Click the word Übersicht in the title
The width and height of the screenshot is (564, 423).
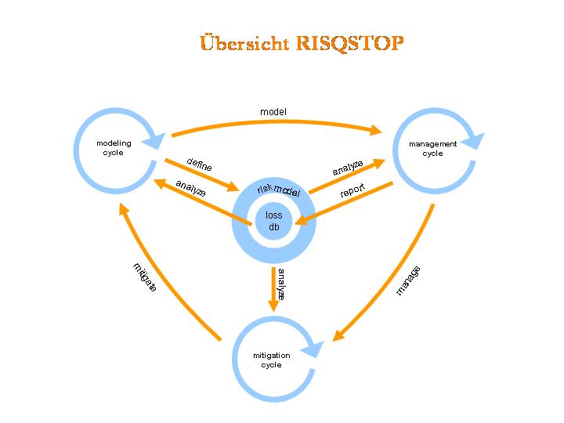pyautogui.click(x=244, y=42)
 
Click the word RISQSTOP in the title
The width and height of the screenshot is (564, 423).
pyautogui.click(x=350, y=42)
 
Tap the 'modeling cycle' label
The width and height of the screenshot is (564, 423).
pyautogui.click(x=114, y=148)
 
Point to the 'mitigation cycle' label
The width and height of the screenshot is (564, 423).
pyautogui.click(x=271, y=360)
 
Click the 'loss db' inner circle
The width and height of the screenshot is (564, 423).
pyautogui.click(x=274, y=221)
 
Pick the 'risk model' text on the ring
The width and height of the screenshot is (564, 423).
pyautogui.click(x=278, y=190)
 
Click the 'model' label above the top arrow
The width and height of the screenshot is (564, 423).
pyautogui.click(x=273, y=112)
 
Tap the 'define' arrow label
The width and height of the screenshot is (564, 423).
pyautogui.click(x=199, y=164)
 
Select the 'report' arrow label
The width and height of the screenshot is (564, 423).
pyautogui.click(x=352, y=190)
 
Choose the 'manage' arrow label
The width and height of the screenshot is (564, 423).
pyautogui.click(x=408, y=280)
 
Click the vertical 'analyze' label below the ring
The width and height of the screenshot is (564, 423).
pyautogui.click(x=280, y=284)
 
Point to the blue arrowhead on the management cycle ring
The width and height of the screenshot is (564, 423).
pyautogui.click(x=475, y=141)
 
